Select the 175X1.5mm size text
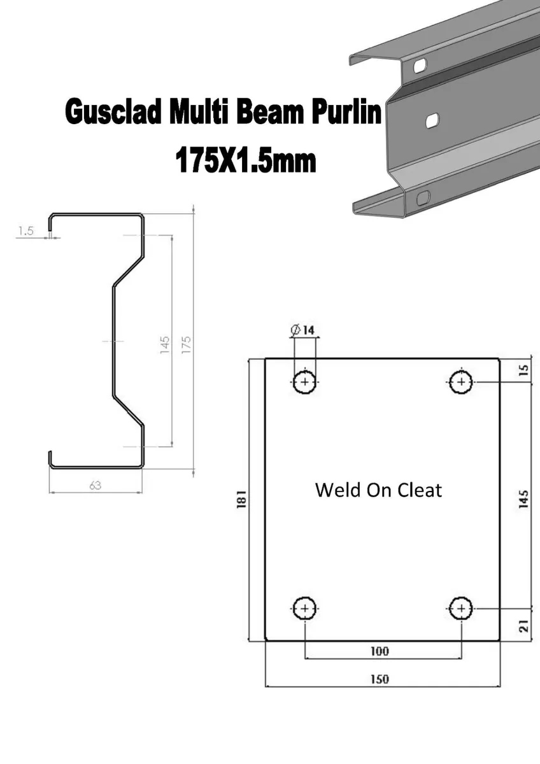pos(245,161)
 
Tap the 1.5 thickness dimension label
pos(25,231)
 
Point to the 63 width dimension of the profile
pos(96,485)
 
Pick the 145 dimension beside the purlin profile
pos(164,344)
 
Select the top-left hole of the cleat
pos(305,382)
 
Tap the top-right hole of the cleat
pos(461,382)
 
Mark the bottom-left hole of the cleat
pos(305,608)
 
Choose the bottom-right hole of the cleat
pos(461,608)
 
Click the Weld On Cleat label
pos(378,490)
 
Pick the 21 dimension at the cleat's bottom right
pos(523,625)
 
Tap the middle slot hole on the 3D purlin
pos(432,119)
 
